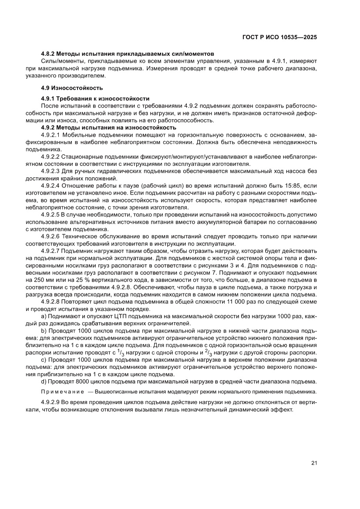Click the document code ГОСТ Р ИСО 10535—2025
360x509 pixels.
pos(279,37)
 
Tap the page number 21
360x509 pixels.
pos(313,463)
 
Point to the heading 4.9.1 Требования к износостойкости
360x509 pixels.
pos(95,98)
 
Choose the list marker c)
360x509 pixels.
pos(44,360)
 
